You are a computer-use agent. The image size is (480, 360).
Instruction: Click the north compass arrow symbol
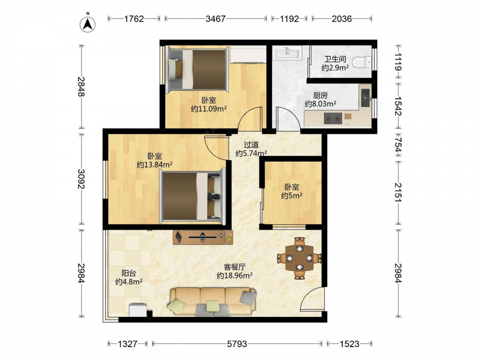[87, 24]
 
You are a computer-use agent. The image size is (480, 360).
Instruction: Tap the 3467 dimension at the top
[216, 19]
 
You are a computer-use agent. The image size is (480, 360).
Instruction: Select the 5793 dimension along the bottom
[237, 344]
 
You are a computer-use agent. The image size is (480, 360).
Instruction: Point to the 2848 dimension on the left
[81, 86]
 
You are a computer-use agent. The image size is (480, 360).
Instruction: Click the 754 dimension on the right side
[398, 144]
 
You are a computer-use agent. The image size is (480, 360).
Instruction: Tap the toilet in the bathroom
[362, 62]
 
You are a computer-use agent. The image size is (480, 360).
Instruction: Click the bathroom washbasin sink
[288, 52]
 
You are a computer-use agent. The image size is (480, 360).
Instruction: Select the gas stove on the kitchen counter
[333, 118]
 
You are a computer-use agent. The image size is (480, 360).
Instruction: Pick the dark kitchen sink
[366, 98]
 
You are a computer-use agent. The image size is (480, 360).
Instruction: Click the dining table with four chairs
[299, 258]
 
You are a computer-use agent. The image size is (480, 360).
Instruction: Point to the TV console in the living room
[203, 237]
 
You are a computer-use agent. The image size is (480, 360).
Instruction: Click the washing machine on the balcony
[138, 310]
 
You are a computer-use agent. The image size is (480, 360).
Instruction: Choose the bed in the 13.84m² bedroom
[193, 196]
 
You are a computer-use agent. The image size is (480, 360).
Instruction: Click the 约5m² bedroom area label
[292, 196]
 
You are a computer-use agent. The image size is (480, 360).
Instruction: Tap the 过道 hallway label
[251, 144]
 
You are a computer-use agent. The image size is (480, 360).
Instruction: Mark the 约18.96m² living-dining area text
[235, 276]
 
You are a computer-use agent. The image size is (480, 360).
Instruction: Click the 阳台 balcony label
[129, 273]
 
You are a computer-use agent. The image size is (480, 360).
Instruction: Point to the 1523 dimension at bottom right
[349, 344]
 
